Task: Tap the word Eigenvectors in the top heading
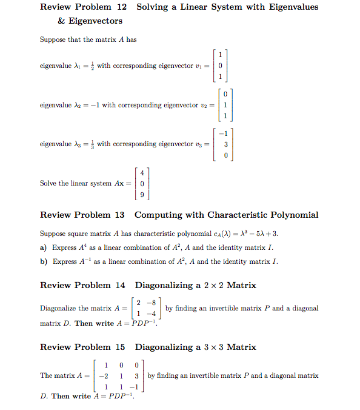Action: [95, 21]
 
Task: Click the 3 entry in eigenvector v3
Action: [226, 144]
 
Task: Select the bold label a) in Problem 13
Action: [44, 247]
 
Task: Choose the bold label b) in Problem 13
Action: [44, 261]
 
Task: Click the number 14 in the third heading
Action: [120, 285]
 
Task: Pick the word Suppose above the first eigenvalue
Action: [53, 40]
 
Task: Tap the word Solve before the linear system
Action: [48, 183]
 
